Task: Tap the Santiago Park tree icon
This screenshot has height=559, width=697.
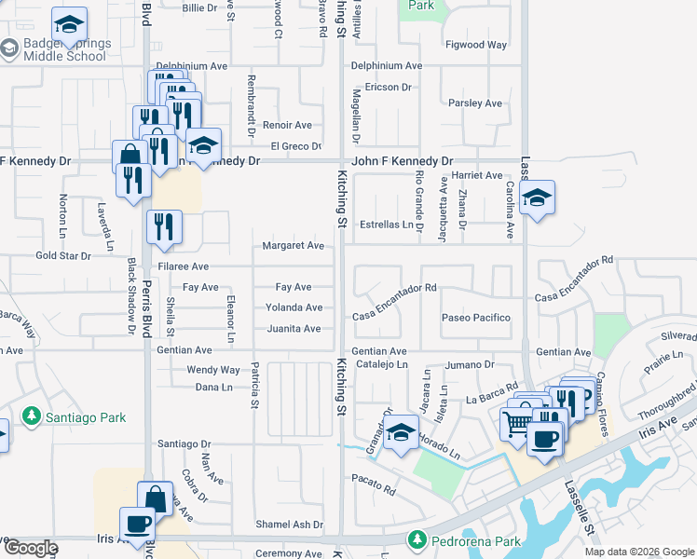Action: tap(32, 416)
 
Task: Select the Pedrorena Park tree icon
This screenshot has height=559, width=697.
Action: tap(417, 539)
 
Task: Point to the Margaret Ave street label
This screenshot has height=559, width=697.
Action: tap(294, 246)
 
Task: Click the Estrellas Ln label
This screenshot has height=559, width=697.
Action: tap(387, 225)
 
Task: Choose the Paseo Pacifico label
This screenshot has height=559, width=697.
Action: tap(476, 318)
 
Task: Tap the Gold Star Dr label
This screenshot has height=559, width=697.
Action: tap(62, 255)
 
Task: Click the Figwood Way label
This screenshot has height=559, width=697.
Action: tap(476, 45)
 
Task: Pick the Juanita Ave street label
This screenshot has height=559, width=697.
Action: tap(294, 329)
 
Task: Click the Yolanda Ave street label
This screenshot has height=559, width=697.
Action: tap(294, 307)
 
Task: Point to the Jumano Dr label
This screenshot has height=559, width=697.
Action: tap(475, 364)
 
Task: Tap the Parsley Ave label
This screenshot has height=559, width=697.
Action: tap(475, 103)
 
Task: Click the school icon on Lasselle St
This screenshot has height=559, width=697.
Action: tap(537, 198)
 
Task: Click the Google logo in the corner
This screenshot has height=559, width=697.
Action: tap(30, 548)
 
